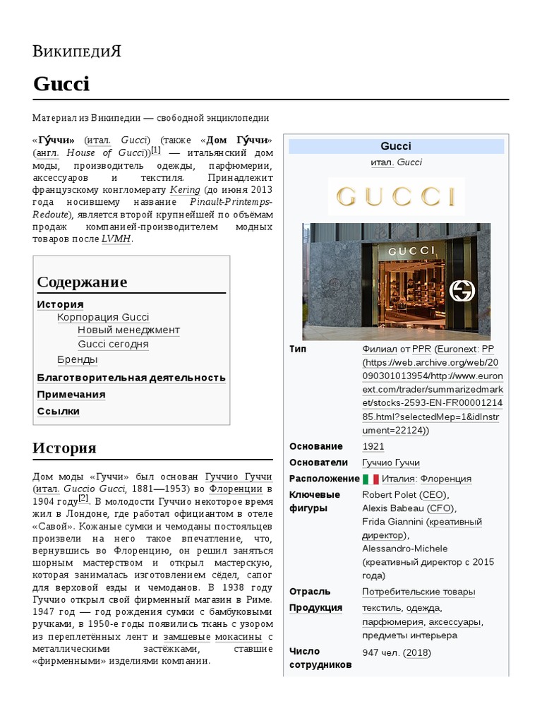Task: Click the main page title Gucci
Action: click(61, 84)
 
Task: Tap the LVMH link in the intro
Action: click(116, 239)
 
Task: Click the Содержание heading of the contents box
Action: click(82, 282)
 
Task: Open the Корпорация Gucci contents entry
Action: click(103, 317)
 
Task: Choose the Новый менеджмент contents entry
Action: click(128, 330)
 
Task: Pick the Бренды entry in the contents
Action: click(78, 359)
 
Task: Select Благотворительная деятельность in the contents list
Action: click(131, 377)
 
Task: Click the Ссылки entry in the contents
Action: click(59, 411)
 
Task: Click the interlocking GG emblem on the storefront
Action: click(463, 290)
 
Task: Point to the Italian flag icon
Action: click(371, 479)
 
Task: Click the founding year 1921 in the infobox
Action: click(373, 446)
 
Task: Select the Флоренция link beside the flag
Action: click(446, 479)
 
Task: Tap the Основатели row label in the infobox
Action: click(318, 462)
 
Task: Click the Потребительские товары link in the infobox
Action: click(418, 592)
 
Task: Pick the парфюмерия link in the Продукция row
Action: click(392, 622)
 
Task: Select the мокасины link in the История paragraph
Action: click(239, 636)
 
